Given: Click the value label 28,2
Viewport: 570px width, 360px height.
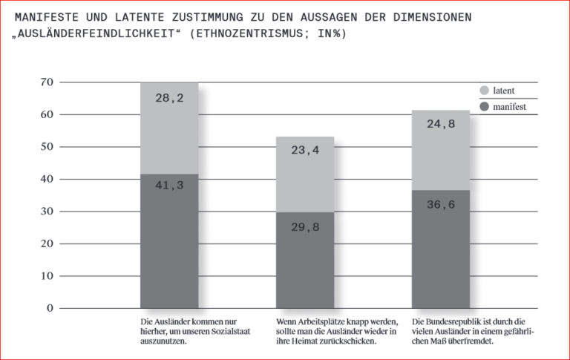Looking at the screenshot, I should click(169, 97).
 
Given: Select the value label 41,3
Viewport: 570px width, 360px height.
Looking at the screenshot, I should click(169, 185).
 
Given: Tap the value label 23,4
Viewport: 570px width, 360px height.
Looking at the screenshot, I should click(305, 150).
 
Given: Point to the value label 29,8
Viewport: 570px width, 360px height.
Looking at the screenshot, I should click(305, 227).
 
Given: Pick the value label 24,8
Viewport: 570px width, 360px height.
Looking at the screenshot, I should click(441, 124).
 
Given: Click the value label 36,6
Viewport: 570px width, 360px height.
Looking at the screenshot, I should click(441, 204).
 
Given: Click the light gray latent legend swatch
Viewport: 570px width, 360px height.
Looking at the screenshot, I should click(485, 91).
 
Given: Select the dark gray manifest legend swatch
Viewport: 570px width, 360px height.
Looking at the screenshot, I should click(485, 107).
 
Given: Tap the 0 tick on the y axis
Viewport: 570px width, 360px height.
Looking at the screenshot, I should click(49, 307).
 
